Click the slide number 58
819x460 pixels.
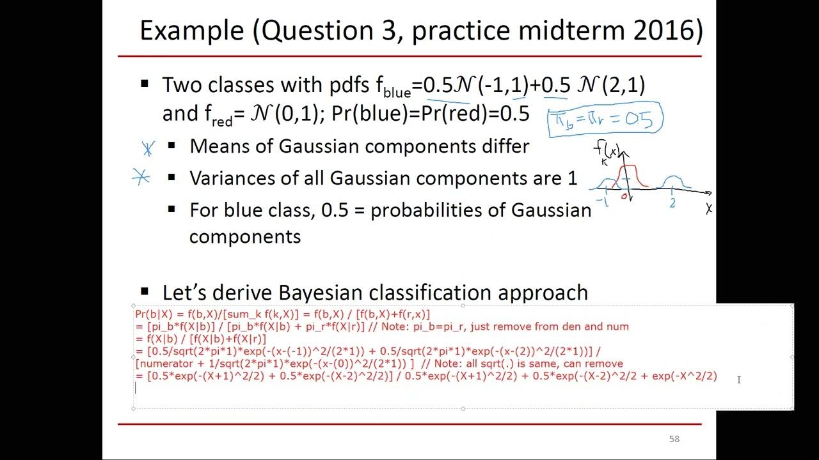click(674, 439)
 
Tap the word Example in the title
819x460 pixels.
click(191, 31)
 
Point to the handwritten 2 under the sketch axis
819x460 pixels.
click(672, 203)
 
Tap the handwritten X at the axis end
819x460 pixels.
click(709, 209)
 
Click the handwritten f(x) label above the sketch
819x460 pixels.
click(607, 151)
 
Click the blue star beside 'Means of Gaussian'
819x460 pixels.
click(148, 148)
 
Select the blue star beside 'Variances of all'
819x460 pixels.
click(141, 177)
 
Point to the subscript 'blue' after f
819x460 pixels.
click(397, 93)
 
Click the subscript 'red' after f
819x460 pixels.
click(222, 121)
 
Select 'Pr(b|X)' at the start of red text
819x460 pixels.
click(154, 314)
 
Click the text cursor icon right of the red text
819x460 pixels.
click(738, 379)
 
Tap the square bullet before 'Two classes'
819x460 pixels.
click(145, 84)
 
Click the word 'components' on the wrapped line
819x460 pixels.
click(244, 236)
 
